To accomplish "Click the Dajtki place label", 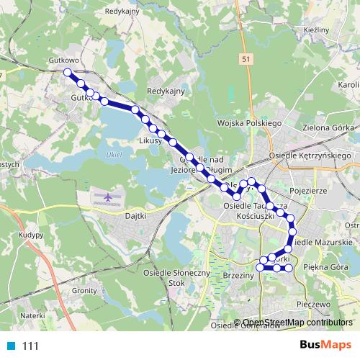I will tap(135, 215).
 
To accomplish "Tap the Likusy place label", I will tap(149, 142).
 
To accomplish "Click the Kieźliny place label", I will tap(317, 30).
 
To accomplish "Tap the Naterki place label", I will tap(32, 315).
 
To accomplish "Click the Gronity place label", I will tap(84, 290).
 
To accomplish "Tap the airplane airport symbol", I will tap(108, 196).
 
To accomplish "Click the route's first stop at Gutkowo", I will tap(68, 72).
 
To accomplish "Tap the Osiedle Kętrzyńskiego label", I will tap(318, 156).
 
